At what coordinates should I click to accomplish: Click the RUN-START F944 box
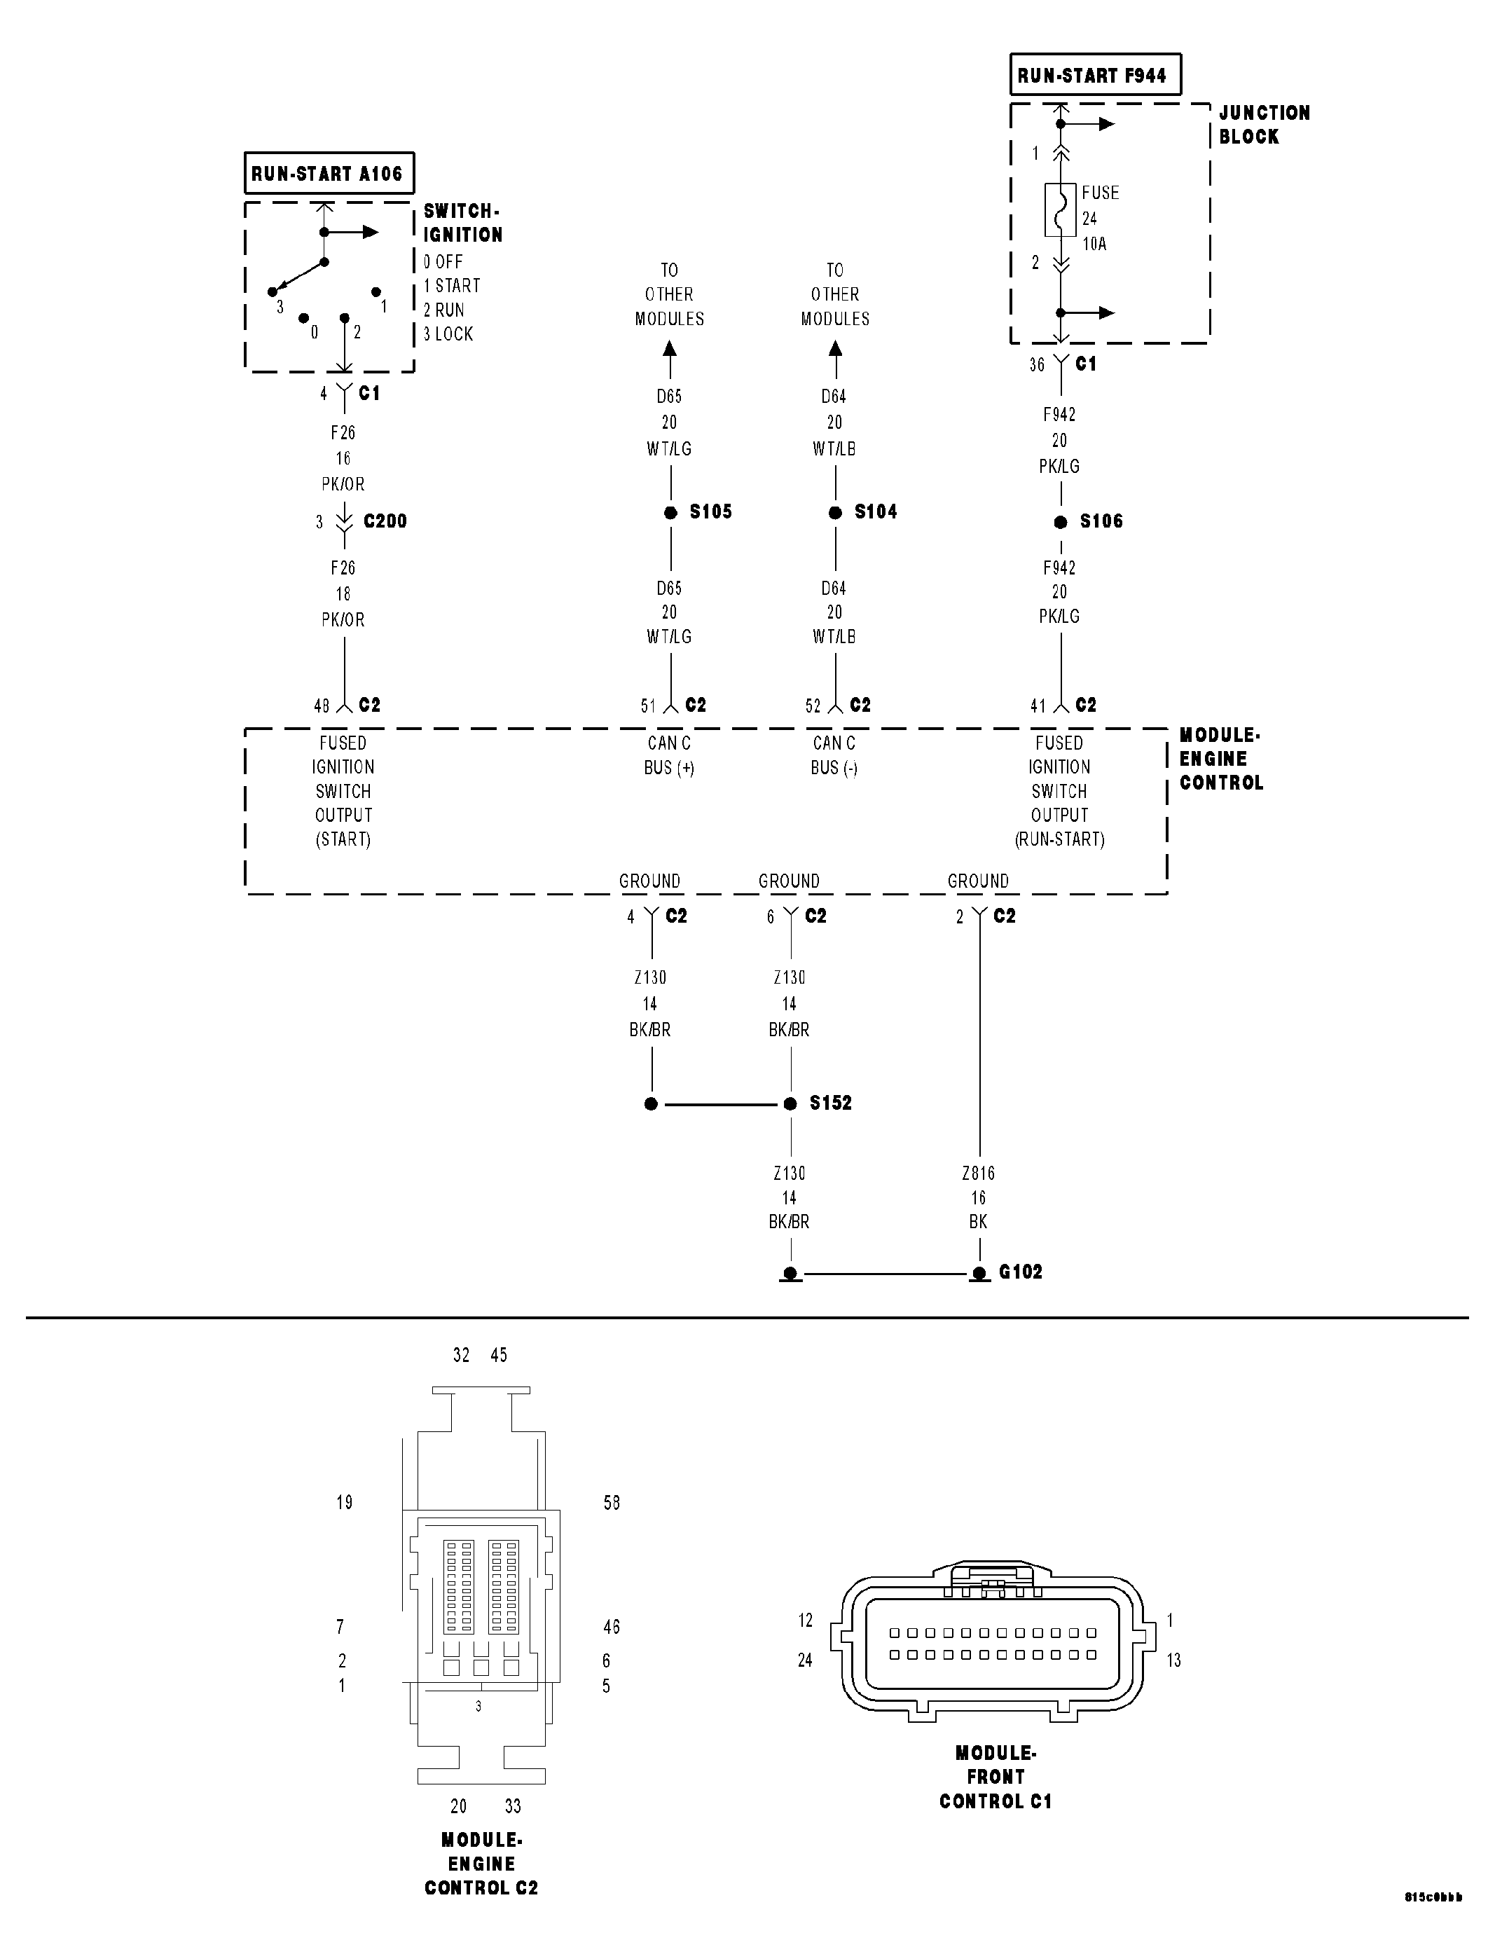pos(1094,76)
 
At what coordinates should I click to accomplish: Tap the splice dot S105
pos(670,513)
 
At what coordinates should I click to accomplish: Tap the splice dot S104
pos(834,513)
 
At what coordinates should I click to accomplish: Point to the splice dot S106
pos(1060,523)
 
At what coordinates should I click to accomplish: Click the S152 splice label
pos(829,1103)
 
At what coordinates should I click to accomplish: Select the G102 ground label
pos(1020,1272)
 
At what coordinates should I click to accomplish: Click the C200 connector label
pos(385,521)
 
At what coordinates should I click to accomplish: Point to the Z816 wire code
pos(978,1174)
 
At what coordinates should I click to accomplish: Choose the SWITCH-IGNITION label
pos(462,223)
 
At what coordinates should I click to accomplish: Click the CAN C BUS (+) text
pos(669,755)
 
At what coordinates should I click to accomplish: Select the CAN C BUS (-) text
pos(834,755)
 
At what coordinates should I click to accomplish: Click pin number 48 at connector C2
pos(322,706)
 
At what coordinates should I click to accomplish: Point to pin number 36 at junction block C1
pos(1037,365)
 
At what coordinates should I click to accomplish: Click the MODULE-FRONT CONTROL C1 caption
pos(995,1777)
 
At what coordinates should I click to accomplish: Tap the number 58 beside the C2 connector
pos(612,1503)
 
